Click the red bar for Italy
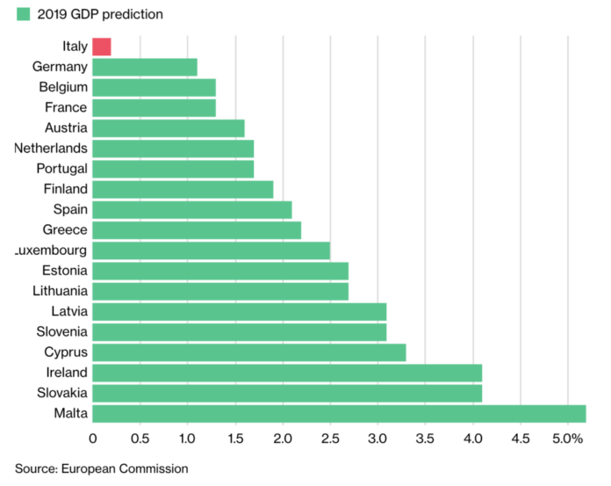coord(102,47)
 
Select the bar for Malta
coord(339,414)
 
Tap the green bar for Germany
coord(145,67)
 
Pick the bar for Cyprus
coord(249,352)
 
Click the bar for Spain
coord(192,209)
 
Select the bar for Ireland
coord(287,373)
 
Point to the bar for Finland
coord(183,189)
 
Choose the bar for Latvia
coord(240,311)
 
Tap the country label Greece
coord(65,229)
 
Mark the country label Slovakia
coord(61,393)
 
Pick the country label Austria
coord(66,127)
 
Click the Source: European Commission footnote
coord(101,468)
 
